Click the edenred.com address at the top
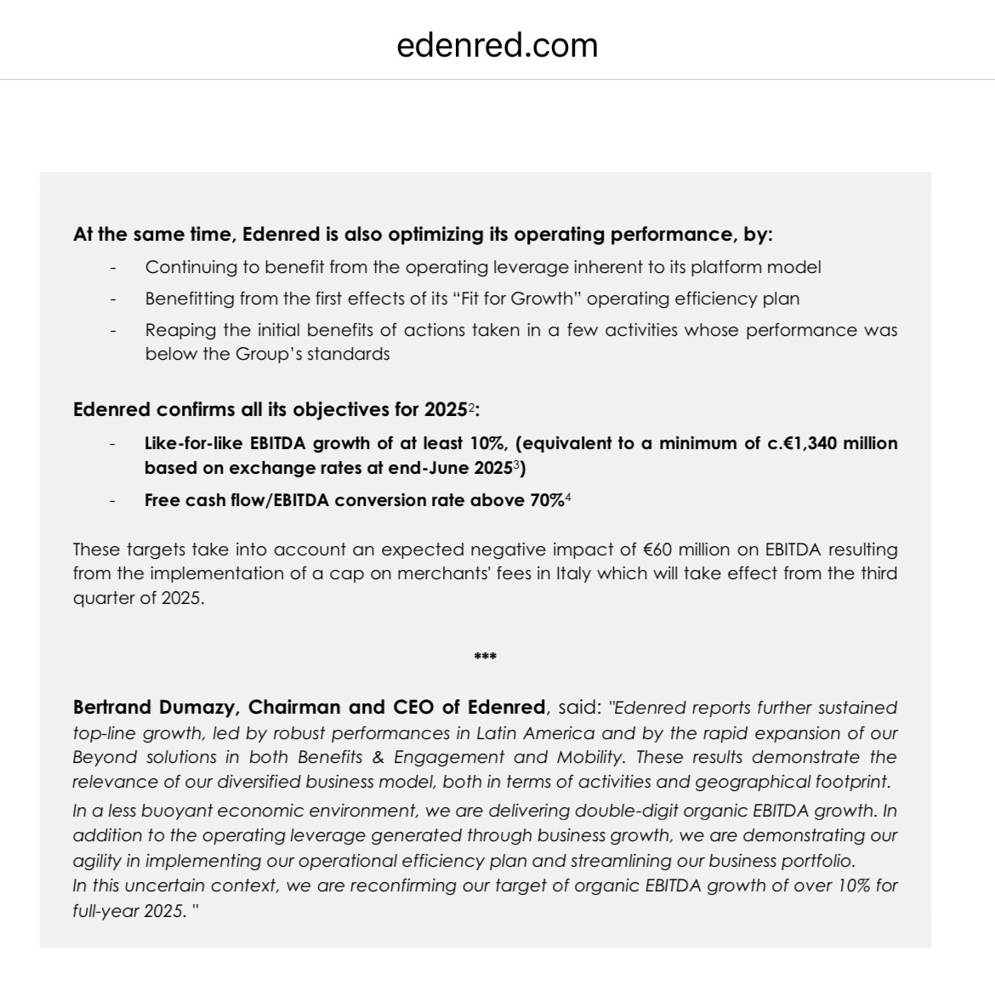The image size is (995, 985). coord(497,45)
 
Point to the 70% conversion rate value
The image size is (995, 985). coord(546,500)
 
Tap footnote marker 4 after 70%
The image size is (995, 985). coord(567,497)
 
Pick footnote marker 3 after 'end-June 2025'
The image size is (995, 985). coord(515,464)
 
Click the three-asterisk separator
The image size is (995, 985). coord(485,657)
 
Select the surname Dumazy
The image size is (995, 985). coord(207,708)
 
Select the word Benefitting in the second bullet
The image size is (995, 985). coord(190,299)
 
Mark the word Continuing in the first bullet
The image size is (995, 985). coord(191,267)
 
